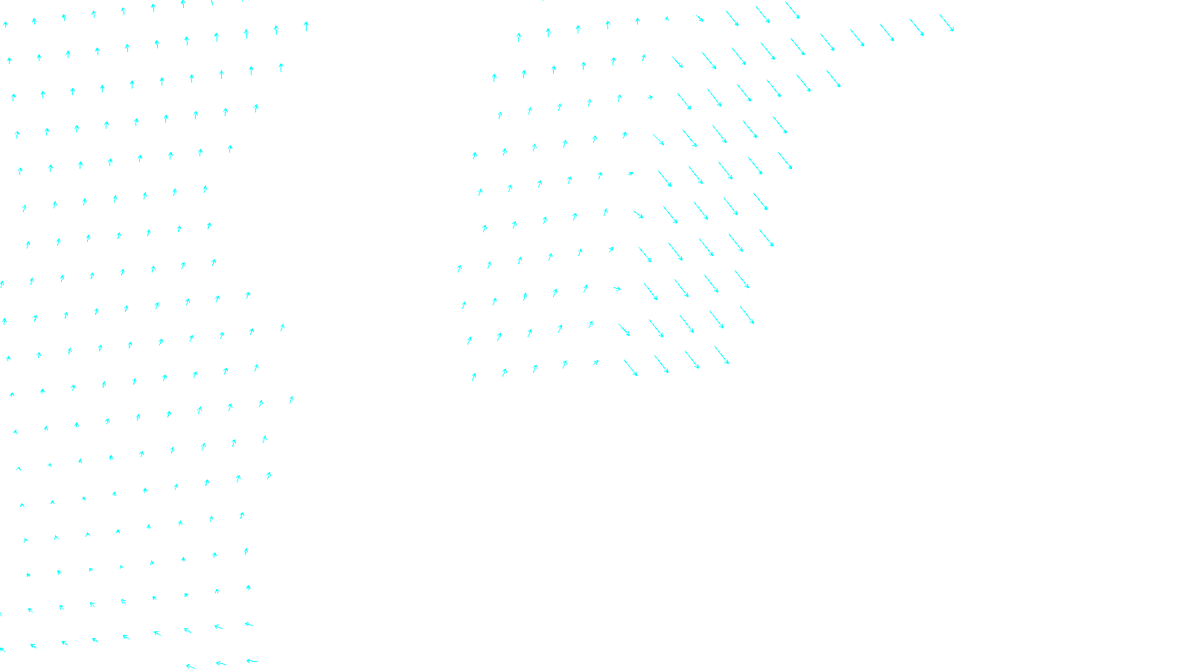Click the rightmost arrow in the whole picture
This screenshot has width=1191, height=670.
946,22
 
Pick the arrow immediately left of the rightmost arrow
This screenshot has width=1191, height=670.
917,27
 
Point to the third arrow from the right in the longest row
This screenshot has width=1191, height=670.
887,32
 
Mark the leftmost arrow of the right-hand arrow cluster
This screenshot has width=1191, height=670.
459,268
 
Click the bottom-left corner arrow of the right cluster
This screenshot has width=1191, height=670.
473,377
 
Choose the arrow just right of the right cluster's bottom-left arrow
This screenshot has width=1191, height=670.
504,372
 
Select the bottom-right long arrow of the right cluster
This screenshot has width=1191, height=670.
721,355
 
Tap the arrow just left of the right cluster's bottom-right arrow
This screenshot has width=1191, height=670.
692,360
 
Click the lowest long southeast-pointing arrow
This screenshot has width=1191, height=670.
630,368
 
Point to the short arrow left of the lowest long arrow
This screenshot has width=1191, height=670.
595,363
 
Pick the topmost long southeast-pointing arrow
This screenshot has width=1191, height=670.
792,10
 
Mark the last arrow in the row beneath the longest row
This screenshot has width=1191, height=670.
833,78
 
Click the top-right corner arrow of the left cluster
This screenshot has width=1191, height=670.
306,26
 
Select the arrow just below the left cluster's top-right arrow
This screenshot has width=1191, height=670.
281,67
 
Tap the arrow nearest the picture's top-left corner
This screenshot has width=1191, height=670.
5,25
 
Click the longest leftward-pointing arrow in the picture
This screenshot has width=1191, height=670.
252,660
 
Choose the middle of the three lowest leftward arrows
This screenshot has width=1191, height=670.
220,663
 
